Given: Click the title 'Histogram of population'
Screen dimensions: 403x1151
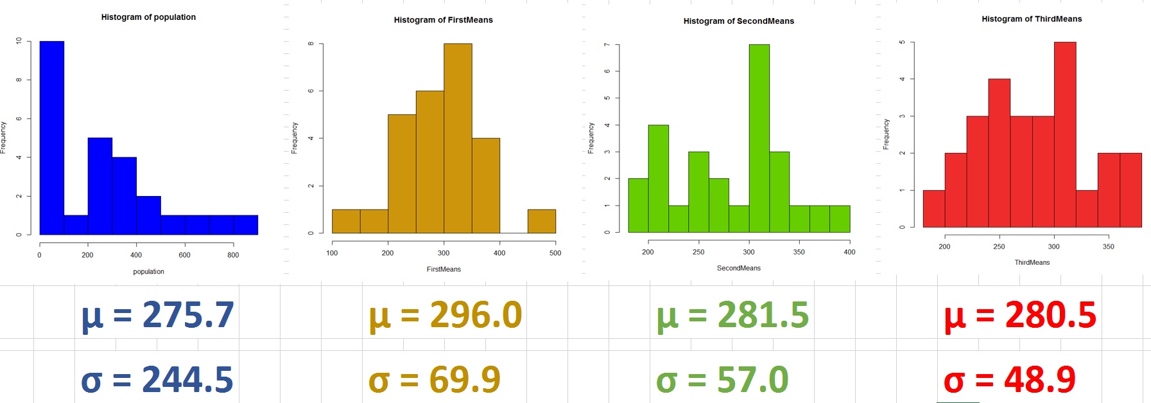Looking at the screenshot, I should (148, 17).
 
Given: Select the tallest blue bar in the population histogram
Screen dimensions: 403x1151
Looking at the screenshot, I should (52, 138).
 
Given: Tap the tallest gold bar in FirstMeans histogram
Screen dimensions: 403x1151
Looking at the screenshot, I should (458, 138).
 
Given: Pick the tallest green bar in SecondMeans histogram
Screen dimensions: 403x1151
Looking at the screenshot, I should (759, 138).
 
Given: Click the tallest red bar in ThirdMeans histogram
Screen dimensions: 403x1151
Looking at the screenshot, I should (1065, 134).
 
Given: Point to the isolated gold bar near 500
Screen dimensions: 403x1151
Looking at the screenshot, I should (542, 221).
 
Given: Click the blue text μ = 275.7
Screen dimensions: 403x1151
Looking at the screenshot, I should (157, 315).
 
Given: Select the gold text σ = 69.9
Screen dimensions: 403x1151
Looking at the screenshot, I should (435, 379).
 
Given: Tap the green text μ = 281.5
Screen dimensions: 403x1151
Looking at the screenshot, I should (732, 315).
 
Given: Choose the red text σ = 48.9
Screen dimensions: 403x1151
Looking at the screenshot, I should (1009, 379).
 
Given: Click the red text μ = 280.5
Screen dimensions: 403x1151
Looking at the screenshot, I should (1020, 315).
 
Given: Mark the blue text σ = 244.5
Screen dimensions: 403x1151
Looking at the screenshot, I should (157, 379).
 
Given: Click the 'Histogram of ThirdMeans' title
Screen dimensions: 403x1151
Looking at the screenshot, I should (1032, 19).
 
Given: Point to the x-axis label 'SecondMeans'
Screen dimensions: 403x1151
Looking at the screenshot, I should (738, 268).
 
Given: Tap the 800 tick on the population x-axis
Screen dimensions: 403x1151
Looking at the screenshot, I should (233, 255).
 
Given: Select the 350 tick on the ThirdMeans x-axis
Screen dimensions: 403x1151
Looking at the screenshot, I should (1109, 247).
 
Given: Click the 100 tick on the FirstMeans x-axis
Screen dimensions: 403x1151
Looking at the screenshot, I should (332, 253).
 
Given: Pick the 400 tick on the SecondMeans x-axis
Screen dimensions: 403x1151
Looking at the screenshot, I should (849, 252).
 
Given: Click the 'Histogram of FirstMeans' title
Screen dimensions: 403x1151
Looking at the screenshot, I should (443, 20).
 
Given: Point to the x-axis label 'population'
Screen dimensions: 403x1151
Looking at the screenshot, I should (148, 272).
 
